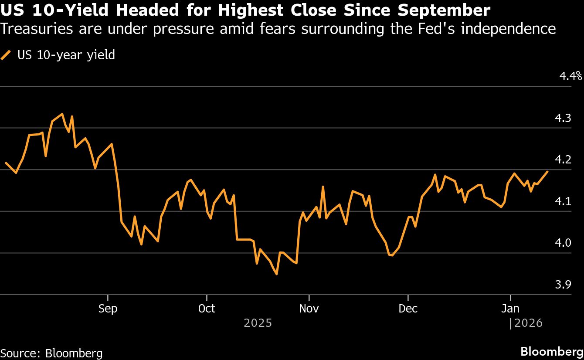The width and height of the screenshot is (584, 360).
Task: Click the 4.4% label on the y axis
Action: click(x=570, y=77)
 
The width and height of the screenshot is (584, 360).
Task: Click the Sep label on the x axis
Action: click(x=108, y=309)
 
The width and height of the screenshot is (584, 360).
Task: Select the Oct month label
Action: click(x=207, y=309)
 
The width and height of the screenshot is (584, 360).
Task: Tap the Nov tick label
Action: click(x=309, y=309)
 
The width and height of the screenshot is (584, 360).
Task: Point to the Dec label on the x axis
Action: click(x=408, y=309)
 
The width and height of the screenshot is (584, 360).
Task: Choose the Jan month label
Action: click(x=510, y=309)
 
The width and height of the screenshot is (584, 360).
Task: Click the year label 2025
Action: click(x=258, y=323)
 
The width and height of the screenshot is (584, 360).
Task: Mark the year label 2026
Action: click(x=528, y=323)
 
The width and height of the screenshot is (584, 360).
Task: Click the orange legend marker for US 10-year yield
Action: click(x=6, y=55)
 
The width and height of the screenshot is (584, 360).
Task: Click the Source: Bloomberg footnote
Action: click(x=51, y=353)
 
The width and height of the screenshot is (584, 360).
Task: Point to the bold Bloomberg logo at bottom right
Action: click(x=552, y=351)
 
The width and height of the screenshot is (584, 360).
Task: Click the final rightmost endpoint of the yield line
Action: click(x=548, y=172)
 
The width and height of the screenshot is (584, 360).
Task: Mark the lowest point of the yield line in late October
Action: click(x=277, y=274)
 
